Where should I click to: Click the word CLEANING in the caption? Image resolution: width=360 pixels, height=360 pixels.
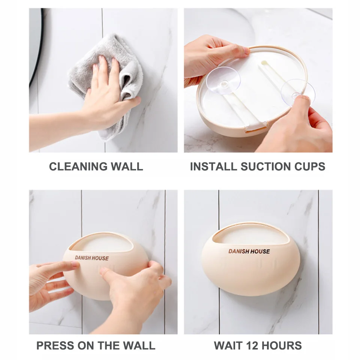pyautogui.click(x=78, y=166)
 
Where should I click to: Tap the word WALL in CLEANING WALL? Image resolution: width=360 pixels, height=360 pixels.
pyautogui.click(x=127, y=166)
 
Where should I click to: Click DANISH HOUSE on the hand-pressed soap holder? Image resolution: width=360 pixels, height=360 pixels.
pyautogui.click(x=91, y=258)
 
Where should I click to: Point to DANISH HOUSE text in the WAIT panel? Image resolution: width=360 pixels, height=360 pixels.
pyautogui.click(x=249, y=251)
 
